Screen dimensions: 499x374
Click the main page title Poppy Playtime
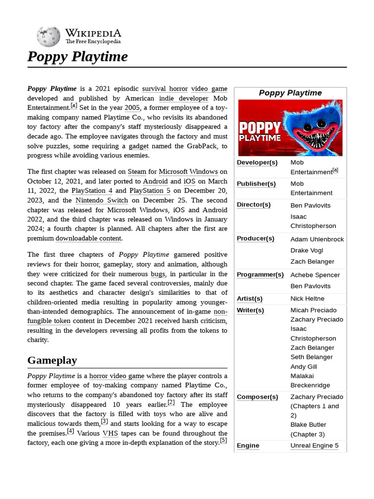coord(77,57)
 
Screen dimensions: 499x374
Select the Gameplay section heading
coord(52,360)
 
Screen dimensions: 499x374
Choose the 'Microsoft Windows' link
coord(188,172)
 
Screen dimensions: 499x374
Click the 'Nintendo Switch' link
coord(102,200)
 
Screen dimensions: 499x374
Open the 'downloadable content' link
coord(89,238)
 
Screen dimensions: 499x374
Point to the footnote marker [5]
coord(223,441)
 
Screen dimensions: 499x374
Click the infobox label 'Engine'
coord(248,445)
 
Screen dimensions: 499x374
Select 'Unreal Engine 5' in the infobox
coord(314,445)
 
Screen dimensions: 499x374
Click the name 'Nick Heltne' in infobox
coord(307,298)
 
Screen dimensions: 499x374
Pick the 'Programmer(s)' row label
coord(260,274)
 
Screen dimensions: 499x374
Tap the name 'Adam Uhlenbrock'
coord(317,239)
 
